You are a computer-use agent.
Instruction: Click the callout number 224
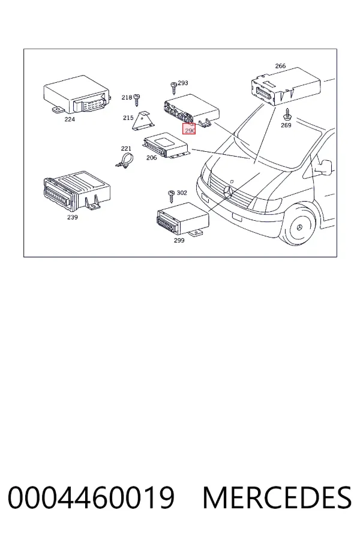[x=70, y=119]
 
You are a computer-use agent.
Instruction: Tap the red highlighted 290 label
[x=189, y=129]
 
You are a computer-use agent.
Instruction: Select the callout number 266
[x=280, y=66]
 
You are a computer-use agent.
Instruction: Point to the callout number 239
[x=73, y=217]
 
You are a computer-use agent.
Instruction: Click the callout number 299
[x=179, y=241]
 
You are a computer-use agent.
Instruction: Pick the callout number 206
[x=152, y=158]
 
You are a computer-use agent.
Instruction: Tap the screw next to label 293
[x=174, y=88]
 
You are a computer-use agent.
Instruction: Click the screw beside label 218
[x=137, y=100]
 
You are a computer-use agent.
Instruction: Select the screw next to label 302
[x=172, y=197]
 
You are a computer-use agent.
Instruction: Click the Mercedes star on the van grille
[x=228, y=192]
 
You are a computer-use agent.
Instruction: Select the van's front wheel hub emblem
[x=299, y=227]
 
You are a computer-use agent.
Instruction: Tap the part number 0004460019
[x=91, y=497]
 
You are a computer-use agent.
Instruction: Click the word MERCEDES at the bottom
[x=277, y=497]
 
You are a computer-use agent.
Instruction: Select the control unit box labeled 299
[x=183, y=220]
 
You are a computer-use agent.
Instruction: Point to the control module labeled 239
[x=77, y=192]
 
